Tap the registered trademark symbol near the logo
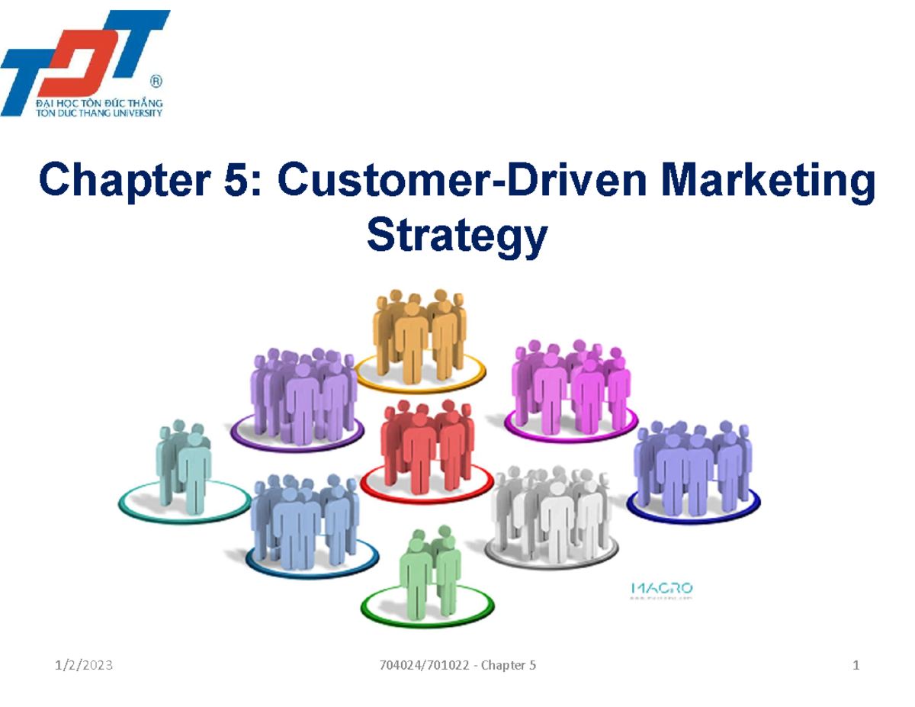156,80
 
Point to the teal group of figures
183,465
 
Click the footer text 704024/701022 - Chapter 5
457,666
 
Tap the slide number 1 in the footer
856,666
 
